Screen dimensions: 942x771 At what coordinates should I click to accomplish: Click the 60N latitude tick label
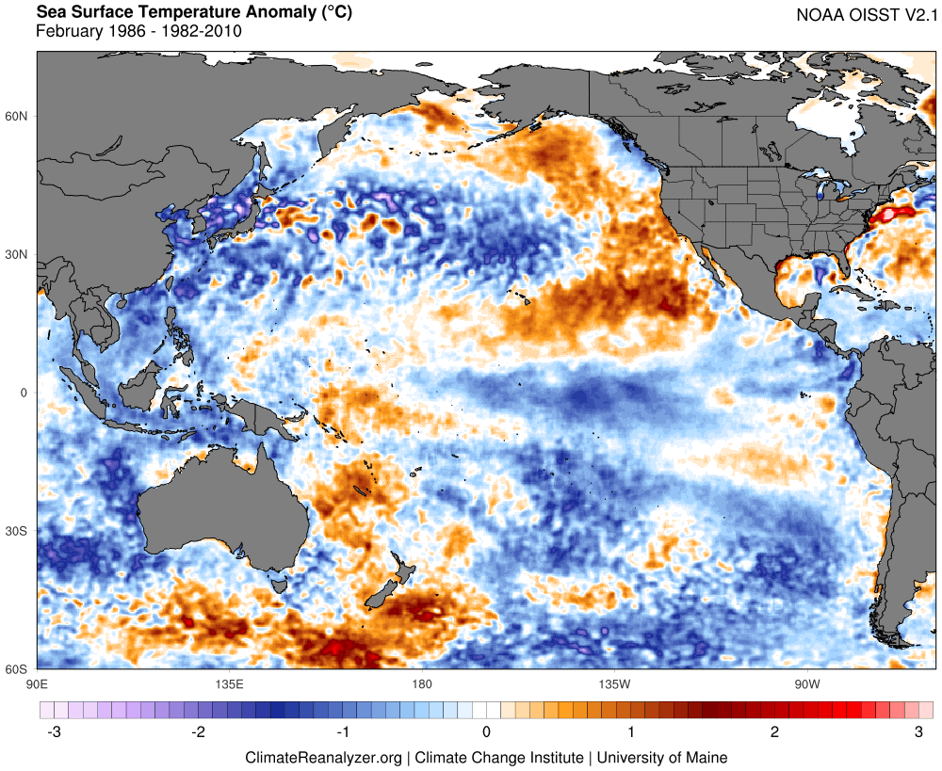point(16,116)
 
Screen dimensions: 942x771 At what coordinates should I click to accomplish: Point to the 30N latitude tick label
point(16,254)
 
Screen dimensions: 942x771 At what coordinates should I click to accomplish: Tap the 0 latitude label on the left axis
point(24,393)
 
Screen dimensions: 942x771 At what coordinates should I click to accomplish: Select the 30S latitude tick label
point(16,531)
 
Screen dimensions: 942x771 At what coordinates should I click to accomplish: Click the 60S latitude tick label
point(16,669)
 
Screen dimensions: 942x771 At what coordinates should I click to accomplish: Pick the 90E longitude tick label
point(38,684)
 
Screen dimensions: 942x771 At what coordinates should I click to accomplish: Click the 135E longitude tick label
point(230,684)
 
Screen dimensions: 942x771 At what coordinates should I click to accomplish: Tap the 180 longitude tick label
point(422,684)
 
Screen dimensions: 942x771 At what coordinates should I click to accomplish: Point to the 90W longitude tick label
point(807,684)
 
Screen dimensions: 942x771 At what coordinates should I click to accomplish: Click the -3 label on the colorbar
point(54,732)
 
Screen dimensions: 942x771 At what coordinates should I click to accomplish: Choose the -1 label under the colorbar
point(342,732)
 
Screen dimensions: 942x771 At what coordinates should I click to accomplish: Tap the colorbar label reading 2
point(774,732)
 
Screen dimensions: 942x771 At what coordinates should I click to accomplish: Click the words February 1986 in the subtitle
point(90,31)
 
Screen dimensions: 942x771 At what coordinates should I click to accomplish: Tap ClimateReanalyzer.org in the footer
point(323,759)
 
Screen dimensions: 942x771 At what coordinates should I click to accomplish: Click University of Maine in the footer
point(662,758)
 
